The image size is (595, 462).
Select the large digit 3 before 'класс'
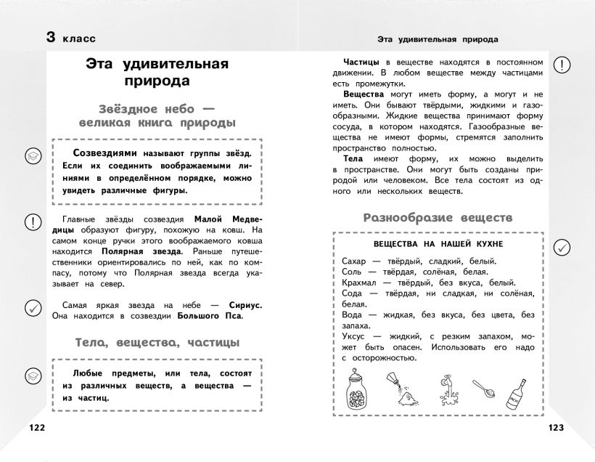click(x=51, y=38)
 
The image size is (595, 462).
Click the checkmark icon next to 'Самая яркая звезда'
click(x=33, y=308)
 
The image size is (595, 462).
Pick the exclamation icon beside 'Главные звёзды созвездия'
click(x=33, y=221)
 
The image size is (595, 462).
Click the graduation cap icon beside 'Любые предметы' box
click(x=33, y=375)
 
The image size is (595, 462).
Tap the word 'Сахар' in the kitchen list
click(x=355, y=260)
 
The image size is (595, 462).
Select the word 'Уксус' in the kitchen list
click(x=355, y=336)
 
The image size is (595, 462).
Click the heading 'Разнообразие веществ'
click(x=438, y=217)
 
